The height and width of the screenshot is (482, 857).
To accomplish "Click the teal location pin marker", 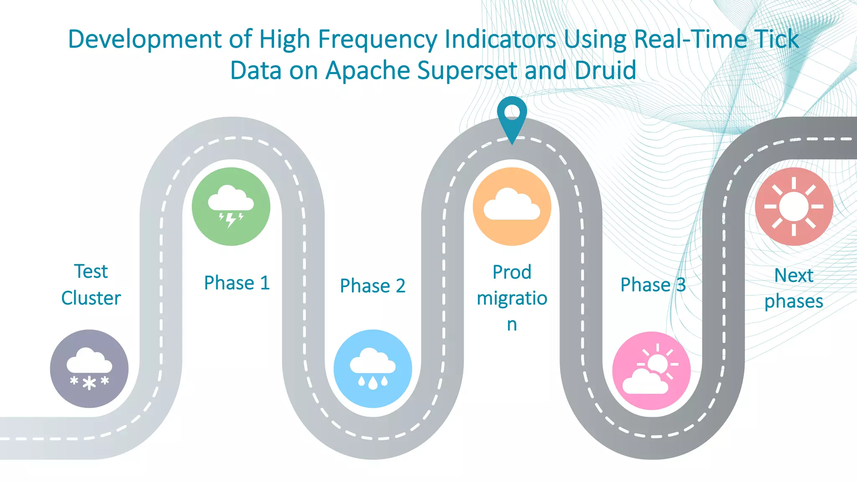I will [512, 115].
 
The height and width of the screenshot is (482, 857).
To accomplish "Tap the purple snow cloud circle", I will [89, 369].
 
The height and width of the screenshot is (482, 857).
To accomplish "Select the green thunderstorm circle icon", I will [231, 206].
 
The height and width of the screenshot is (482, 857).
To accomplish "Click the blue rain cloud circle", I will [373, 369].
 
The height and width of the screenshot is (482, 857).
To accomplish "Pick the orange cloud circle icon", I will [512, 206].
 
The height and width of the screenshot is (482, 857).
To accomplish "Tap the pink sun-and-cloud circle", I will [651, 371].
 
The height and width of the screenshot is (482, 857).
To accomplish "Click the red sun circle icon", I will [794, 206].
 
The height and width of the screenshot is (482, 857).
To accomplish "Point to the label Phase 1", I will [236, 283].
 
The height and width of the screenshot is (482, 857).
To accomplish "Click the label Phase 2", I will [372, 286].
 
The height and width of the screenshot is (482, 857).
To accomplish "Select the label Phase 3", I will [653, 285].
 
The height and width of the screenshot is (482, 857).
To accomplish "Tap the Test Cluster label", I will [91, 285].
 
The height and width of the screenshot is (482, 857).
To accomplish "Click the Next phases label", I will [793, 288].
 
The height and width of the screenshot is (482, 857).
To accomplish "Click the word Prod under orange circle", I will [512, 272].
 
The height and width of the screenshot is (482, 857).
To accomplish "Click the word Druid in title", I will [605, 70].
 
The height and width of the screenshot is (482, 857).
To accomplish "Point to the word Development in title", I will [145, 40].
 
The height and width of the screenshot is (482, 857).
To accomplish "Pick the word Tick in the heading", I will [777, 40].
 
